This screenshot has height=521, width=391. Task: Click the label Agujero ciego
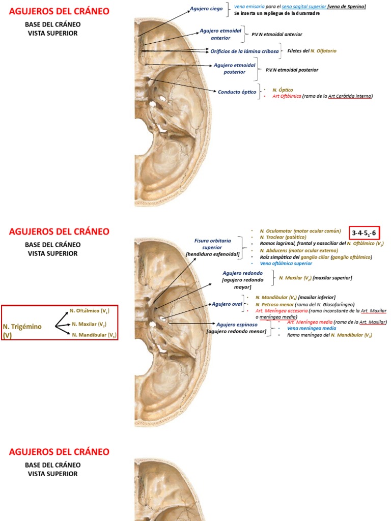click(x=206, y=9)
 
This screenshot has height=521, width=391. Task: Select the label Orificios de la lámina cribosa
click(x=244, y=51)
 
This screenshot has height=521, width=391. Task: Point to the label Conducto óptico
click(x=237, y=92)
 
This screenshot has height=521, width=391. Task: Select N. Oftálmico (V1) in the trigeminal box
click(x=89, y=310)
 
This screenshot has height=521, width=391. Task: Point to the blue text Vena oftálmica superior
click(x=286, y=264)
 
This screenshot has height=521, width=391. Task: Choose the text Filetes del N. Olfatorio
click(x=312, y=51)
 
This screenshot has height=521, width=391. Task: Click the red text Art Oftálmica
click(x=287, y=96)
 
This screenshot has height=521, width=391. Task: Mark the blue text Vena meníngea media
click(x=311, y=328)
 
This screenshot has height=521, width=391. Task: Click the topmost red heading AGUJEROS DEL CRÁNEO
click(x=59, y=11)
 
